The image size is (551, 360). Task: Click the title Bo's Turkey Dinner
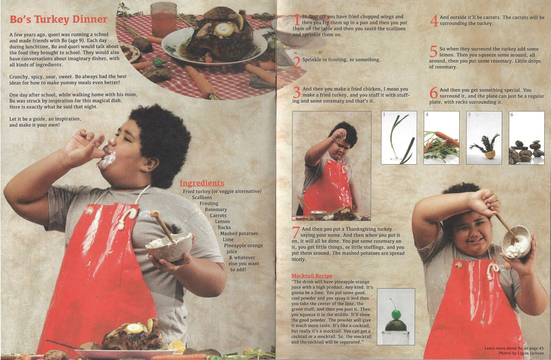(58, 19)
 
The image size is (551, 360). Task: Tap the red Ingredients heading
(202, 183)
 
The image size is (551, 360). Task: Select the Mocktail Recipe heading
(312, 276)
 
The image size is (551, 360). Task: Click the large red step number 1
(297, 20)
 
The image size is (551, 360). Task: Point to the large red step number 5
(433, 51)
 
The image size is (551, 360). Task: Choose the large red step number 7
(296, 232)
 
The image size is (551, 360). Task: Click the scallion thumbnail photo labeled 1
(399, 138)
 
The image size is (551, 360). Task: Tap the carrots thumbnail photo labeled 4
(441, 138)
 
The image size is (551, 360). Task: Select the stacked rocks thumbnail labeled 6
(526, 138)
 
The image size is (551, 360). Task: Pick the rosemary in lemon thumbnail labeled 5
(484, 138)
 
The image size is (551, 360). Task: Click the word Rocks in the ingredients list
(224, 227)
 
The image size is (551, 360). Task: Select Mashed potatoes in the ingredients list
(239, 234)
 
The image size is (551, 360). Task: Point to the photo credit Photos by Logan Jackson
(521, 353)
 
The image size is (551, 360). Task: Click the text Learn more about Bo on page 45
(514, 348)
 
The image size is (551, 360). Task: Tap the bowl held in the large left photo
(169, 247)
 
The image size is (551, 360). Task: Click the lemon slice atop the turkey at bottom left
(134, 328)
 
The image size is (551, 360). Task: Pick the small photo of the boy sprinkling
(331, 166)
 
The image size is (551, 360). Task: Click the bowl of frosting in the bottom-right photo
(516, 242)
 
